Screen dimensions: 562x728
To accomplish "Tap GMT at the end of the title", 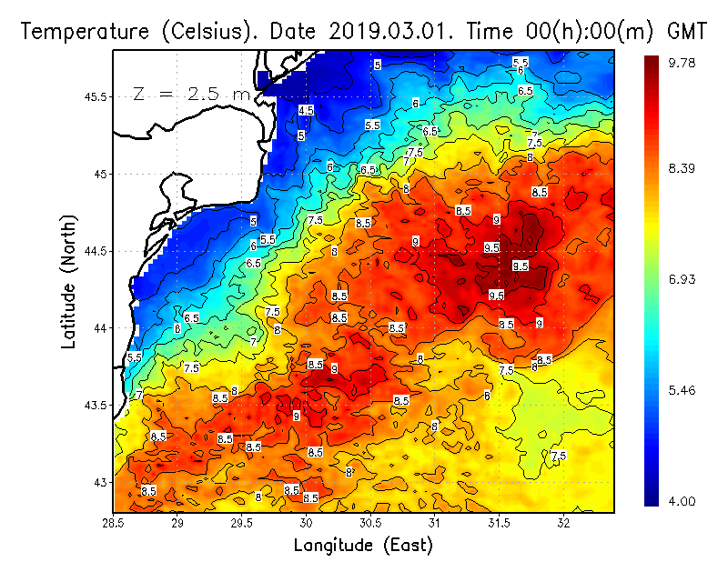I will tap(687, 31).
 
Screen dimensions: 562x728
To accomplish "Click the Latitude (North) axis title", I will tap(69, 282).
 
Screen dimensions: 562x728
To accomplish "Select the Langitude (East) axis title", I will tap(363, 546).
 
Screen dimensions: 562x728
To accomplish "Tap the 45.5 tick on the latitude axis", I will tap(95, 96).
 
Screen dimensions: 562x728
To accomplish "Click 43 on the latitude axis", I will tap(100, 482).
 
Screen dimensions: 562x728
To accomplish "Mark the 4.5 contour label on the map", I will tap(307, 110).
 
